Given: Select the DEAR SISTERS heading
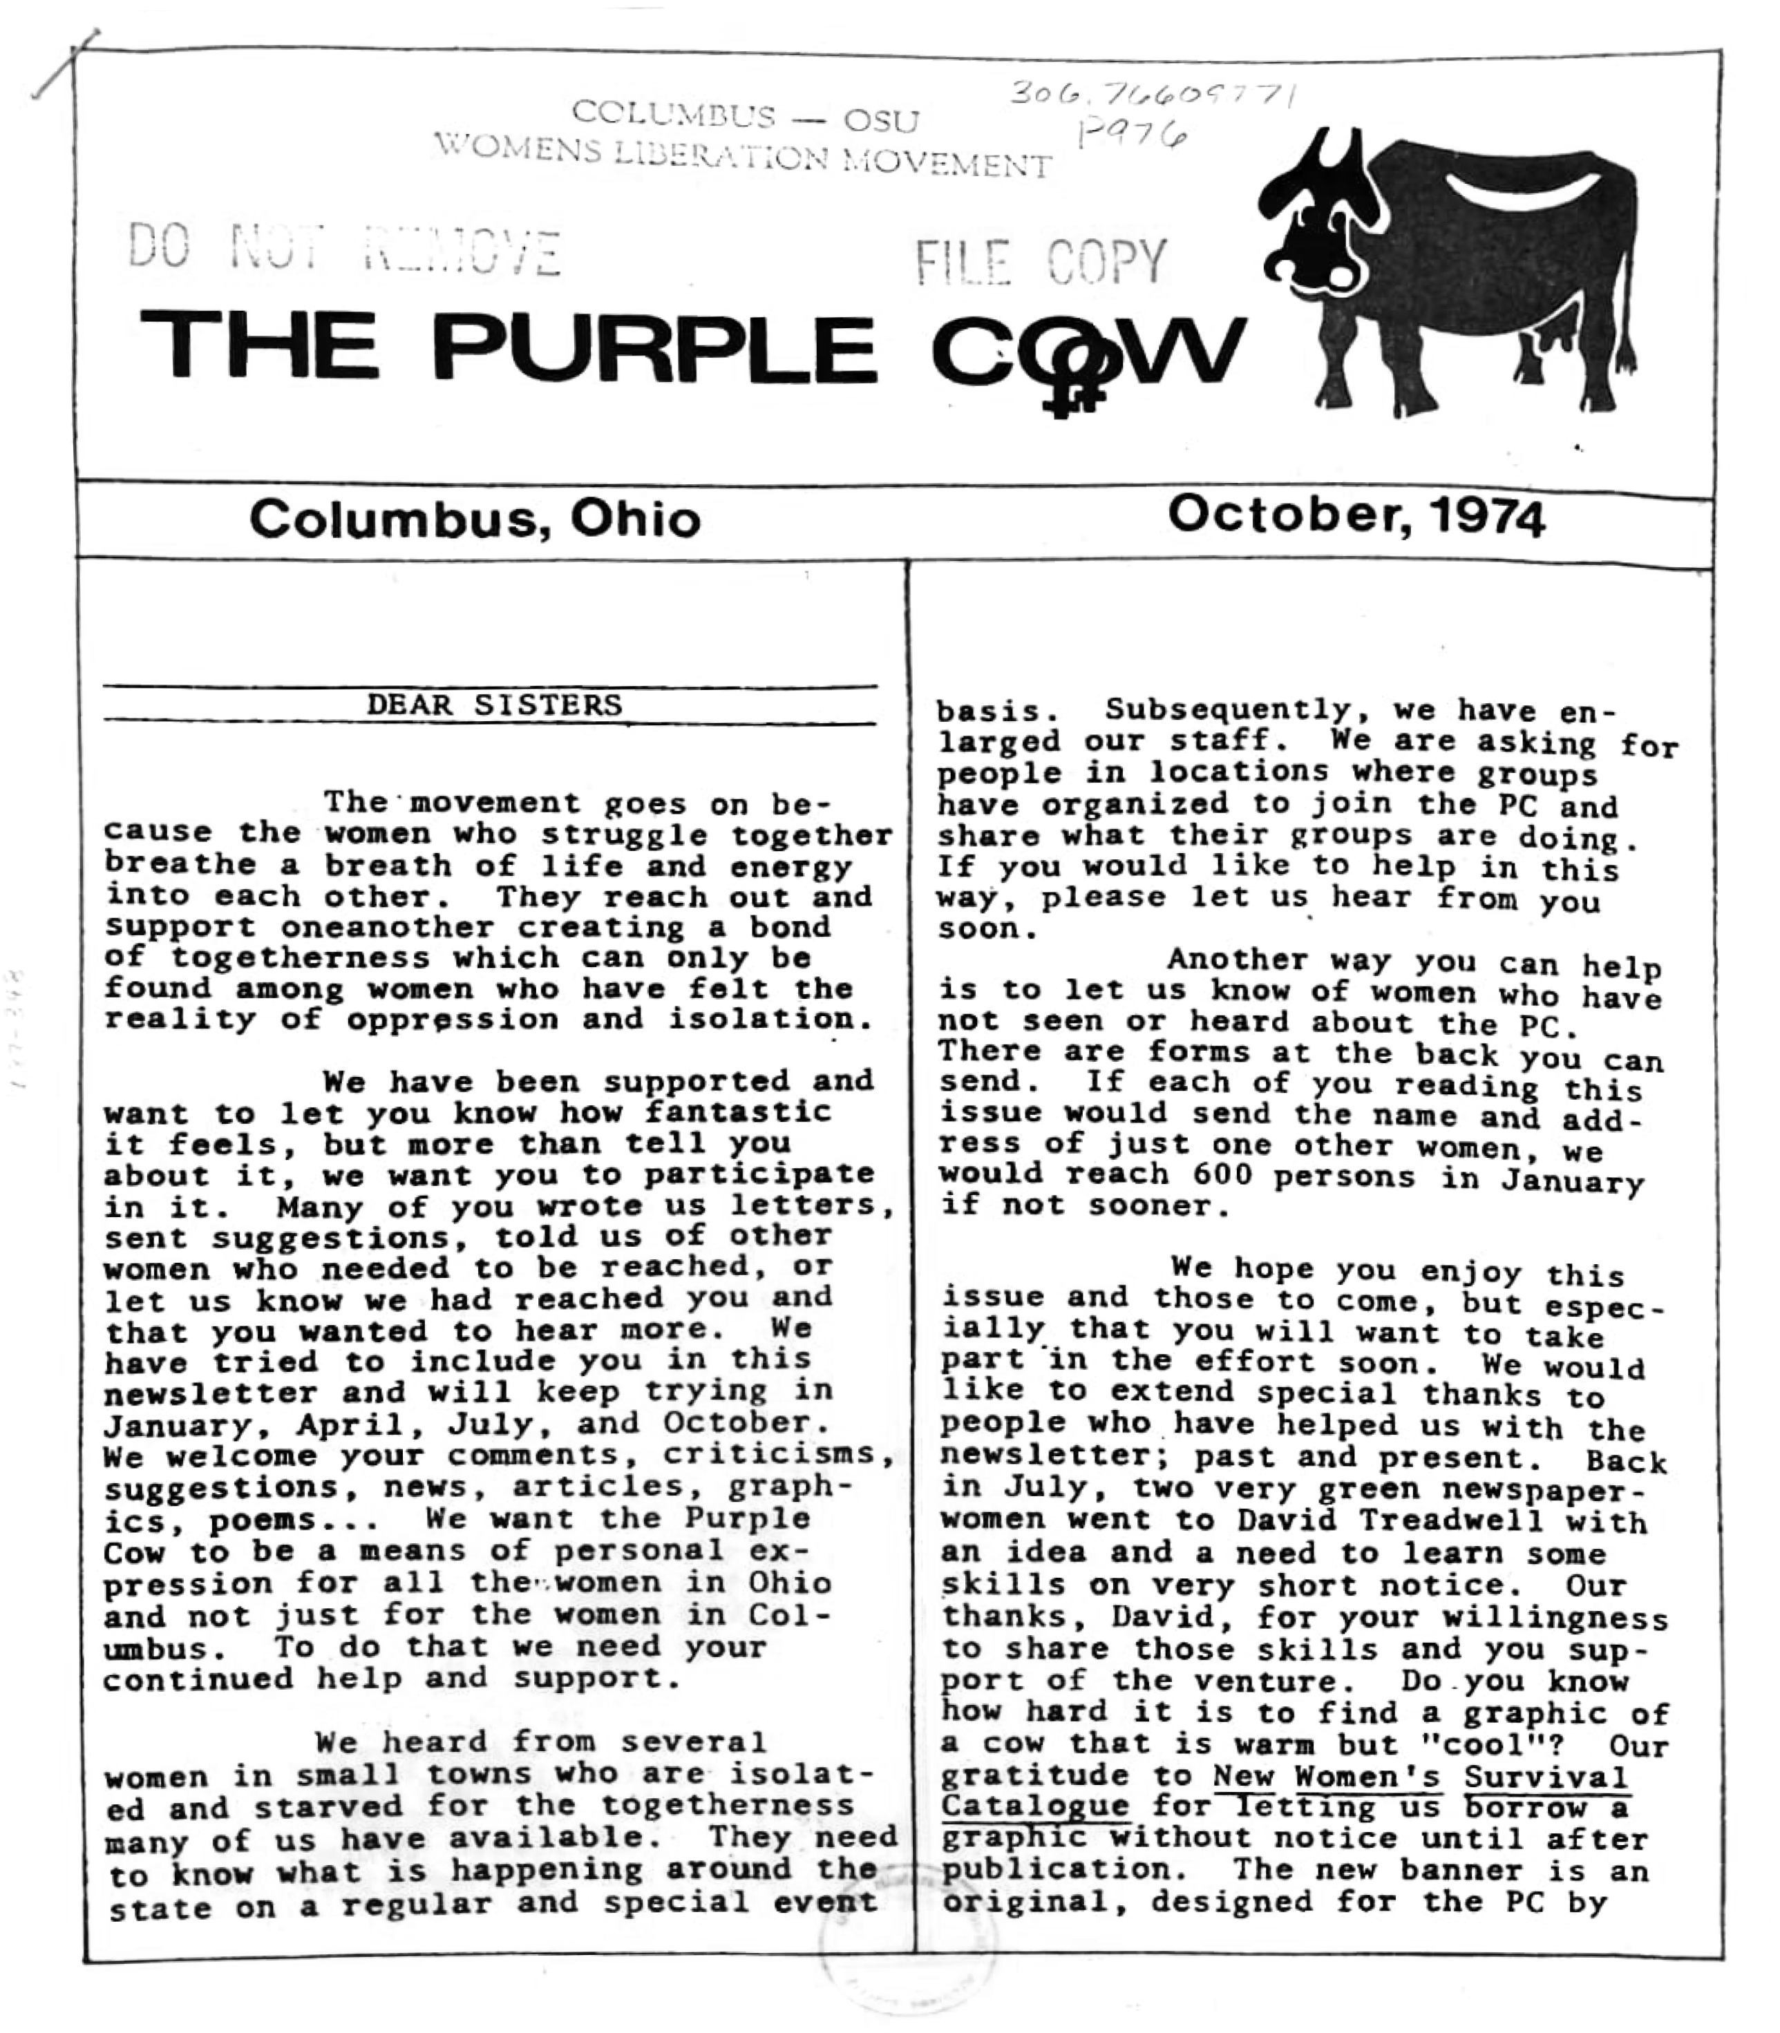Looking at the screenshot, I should click(493, 705).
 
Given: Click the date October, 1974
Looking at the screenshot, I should click(1355, 515).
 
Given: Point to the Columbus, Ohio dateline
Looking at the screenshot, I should click(475, 518).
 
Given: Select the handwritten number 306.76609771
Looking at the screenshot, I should click(1153, 95).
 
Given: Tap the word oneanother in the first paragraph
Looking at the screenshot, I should click(388, 928).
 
